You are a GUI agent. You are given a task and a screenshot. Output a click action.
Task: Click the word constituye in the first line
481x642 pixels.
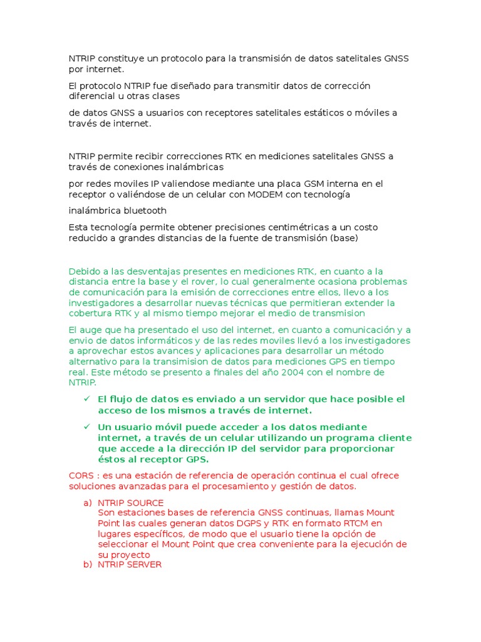tap(121, 58)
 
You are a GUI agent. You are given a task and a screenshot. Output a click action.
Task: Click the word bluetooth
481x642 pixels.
tap(145, 211)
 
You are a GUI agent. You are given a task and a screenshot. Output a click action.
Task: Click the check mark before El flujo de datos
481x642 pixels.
tap(87, 399)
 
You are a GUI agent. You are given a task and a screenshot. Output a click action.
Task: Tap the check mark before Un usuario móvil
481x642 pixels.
tap(87, 426)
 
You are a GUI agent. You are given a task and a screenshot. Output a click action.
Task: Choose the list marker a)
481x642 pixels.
tap(87, 503)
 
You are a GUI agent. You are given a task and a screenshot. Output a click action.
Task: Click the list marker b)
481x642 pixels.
tap(87, 564)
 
